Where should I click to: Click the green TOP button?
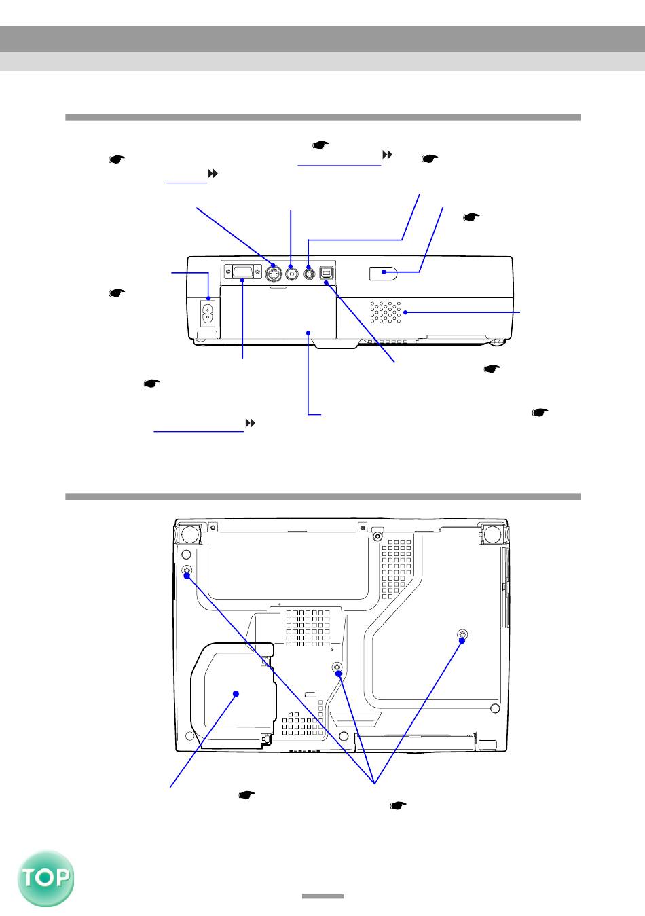45,879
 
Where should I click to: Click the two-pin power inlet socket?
208,314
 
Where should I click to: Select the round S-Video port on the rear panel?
274,274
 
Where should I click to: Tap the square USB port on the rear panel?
327,273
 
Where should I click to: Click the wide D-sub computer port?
242,272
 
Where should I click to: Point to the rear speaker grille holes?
385,312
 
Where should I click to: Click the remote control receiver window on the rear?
383,274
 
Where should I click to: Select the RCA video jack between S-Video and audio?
292,273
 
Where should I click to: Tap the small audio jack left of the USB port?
310,272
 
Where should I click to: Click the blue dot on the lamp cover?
236,694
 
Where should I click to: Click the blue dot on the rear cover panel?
309,333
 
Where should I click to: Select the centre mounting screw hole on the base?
337,667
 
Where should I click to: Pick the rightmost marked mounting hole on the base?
462,634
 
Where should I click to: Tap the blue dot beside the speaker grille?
405,312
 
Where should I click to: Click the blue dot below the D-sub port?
242,280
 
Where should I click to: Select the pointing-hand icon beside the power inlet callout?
117,293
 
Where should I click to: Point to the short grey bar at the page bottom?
322,896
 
